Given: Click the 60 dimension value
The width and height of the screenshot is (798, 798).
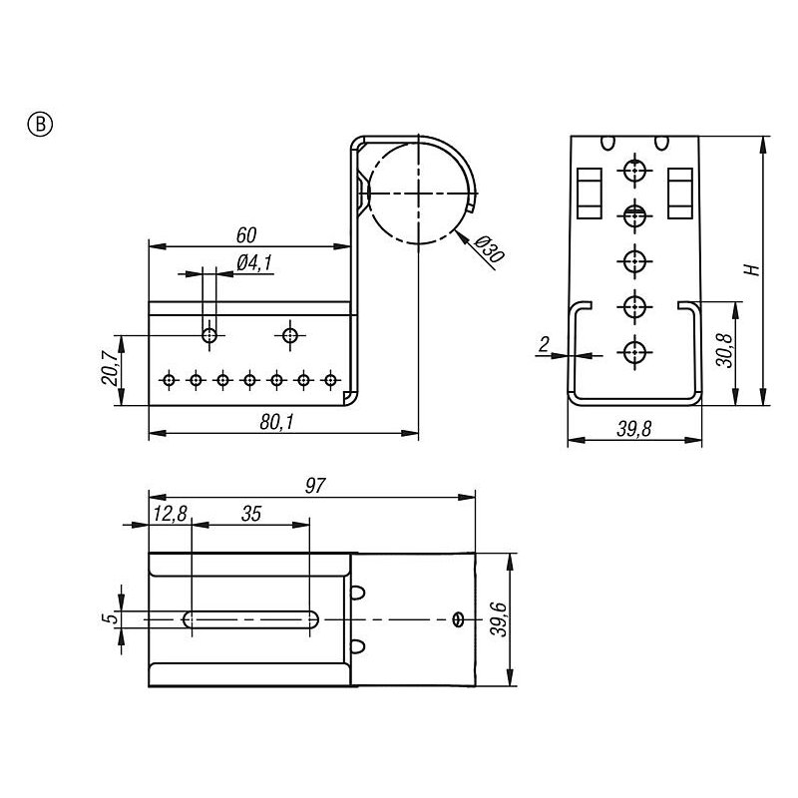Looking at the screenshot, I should pos(247,235).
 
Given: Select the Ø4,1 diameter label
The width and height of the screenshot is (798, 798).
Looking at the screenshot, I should pos(254,263).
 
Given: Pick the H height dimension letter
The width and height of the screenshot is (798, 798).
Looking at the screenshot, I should pos(756,269).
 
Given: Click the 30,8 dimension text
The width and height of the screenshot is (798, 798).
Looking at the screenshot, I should pos(729,350).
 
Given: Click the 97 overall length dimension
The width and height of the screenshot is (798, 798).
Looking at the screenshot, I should pos(315,485).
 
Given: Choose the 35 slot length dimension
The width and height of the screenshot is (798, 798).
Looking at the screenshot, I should pos(250,513).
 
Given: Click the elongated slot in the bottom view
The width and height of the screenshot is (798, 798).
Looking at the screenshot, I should pos(249,619).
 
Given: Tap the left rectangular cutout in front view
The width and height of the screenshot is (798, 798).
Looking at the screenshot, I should pos(588,193).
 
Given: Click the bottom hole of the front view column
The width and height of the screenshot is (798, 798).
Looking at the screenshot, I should pos(632,351).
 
